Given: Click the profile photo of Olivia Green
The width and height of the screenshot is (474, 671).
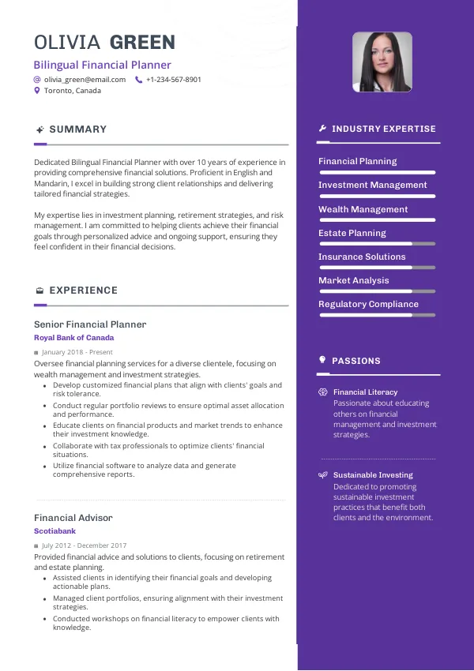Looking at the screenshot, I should [x=382, y=62].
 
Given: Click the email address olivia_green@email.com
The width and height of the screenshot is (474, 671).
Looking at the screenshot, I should [x=85, y=80].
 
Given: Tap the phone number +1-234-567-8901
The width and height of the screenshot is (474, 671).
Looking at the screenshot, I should [x=173, y=80].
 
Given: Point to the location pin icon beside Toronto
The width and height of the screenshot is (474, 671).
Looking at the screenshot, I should [x=37, y=91].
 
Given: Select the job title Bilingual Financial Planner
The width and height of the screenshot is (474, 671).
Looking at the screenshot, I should [x=102, y=65].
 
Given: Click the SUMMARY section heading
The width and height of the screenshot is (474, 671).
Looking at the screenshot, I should [x=77, y=129].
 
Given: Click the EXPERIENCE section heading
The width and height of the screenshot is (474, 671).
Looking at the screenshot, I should [x=83, y=291].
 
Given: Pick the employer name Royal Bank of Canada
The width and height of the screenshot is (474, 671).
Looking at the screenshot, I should [x=73, y=338].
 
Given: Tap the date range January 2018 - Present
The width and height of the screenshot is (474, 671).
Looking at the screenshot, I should [x=77, y=352].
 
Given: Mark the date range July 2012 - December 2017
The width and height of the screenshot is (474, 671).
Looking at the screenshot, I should [x=84, y=545].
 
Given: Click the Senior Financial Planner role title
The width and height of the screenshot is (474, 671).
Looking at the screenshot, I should [x=90, y=324].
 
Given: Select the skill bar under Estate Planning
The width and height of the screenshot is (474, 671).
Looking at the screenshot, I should [x=377, y=244].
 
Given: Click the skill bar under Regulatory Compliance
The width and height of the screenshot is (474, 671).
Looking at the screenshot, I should [x=377, y=315].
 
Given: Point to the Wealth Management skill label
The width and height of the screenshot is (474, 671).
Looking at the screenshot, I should [x=363, y=209].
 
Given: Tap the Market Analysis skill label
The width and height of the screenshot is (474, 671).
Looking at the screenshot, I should [x=353, y=280].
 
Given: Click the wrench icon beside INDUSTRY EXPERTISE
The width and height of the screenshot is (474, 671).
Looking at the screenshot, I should [x=322, y=129].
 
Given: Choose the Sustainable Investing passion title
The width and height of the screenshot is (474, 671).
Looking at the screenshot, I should [x=373, y=475].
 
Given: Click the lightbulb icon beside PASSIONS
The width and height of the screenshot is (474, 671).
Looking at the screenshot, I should [x=322, y=360].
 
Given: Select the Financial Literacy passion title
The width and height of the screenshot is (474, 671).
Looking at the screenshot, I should [x=365, y=392].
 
